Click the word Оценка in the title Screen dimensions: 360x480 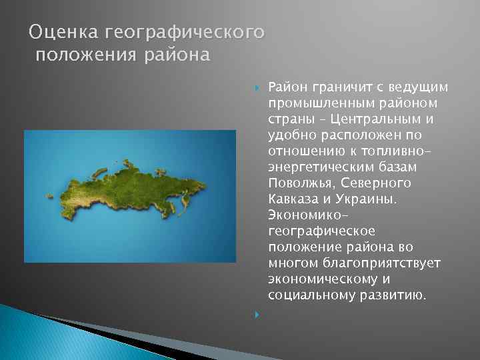(x=55, y=32)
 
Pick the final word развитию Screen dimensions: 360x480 (x=390, y=294)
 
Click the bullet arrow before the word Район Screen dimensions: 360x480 (x=257, y=87)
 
